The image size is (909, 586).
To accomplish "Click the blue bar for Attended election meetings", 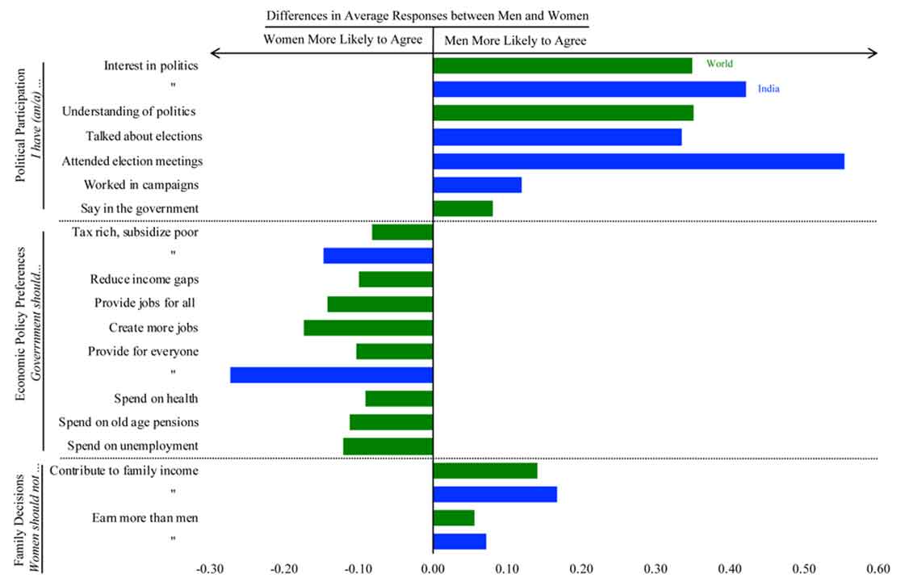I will coord(639,161).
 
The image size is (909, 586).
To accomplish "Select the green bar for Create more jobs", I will coord(368,328).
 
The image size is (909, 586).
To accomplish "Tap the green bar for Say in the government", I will coord(463,209).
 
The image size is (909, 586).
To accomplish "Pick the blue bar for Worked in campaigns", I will coord(477,185).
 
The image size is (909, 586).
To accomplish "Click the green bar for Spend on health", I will coord(399,399).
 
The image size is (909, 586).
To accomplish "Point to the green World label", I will coord(718,64).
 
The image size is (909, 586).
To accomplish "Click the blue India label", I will coord(769,89).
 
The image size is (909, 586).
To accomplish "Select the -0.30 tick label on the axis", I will coord(212,567).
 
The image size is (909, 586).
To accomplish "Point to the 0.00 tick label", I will coord(433,567).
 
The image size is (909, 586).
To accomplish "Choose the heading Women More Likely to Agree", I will coord(343,40).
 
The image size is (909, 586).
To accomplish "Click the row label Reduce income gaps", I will coord(145,279).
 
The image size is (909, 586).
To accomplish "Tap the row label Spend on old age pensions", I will coord(128,422).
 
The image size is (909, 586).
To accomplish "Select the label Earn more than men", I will coord(145,517).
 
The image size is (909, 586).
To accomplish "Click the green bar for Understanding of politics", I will coord(563,113).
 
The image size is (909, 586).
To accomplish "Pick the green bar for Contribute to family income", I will coord(485,471).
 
